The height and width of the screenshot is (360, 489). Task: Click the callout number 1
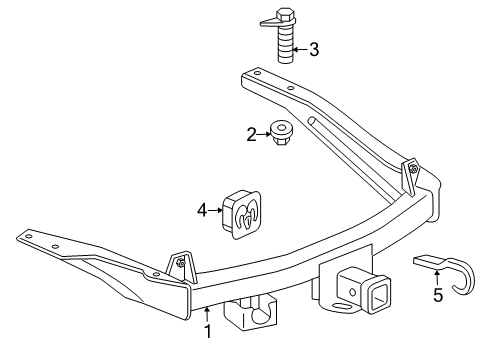tap(208, 331)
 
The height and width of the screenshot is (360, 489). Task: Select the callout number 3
tap(313, 48)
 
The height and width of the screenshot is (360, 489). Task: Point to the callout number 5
tap(437, 296)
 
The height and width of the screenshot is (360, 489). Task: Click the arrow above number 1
tap(208, 313)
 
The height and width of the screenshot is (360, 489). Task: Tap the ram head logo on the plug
tap(251, 212)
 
